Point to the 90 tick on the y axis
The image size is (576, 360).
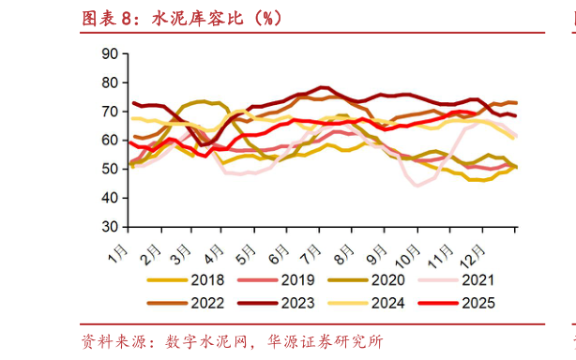point(108,54)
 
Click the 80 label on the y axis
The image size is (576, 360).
point(108,83)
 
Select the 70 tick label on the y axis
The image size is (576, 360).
point(108,112)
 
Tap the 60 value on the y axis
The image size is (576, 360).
point(108,141)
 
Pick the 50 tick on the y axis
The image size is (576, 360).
point(108,170)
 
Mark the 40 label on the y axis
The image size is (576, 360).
point(108,198)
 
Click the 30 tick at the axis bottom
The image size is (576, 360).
point(108,227)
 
